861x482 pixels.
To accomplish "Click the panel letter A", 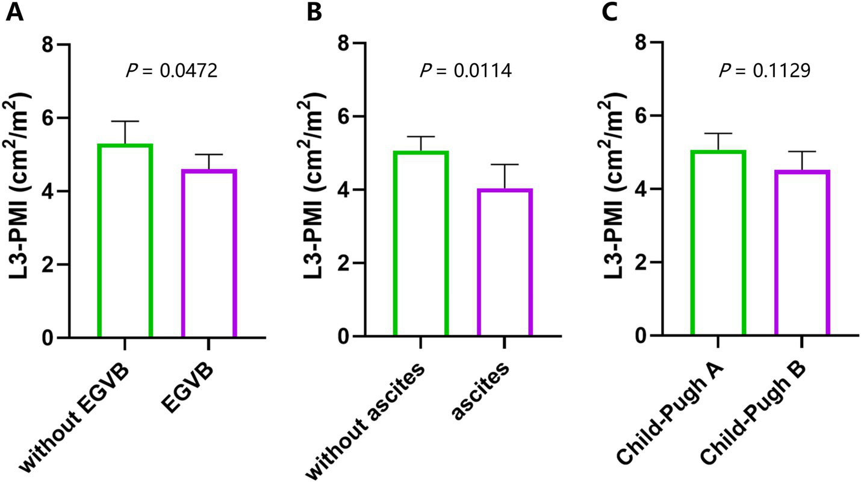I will point(14,13).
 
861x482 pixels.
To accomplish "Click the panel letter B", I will point(314,13).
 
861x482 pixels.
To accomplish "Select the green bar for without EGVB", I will point(125,241).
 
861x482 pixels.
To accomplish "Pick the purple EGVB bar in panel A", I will point(208,253).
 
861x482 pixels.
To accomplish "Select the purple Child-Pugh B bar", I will point(803,253).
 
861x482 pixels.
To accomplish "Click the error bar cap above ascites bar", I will point(505,164).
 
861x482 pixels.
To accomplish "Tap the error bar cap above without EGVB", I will point(125,122).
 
